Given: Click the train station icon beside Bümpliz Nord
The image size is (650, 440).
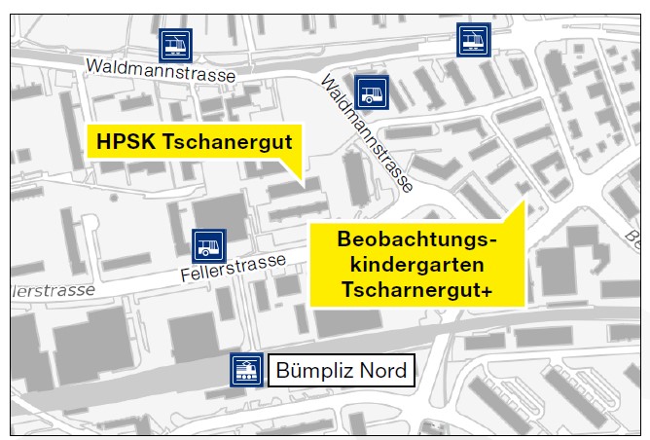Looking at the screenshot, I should (x=245, y=370).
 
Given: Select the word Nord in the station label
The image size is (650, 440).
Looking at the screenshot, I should (x=381, y=371).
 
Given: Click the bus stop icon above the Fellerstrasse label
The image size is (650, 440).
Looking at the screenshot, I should (x=208, y=245).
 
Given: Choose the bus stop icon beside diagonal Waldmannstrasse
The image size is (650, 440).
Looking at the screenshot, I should (x=371, y=93).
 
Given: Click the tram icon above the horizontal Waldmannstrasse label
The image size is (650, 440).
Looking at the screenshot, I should (x=176, y=44).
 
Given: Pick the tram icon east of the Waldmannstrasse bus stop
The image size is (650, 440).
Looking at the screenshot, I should (x=473, y=41).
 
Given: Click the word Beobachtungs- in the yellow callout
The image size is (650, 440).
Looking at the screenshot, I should (x=417, y=239).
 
